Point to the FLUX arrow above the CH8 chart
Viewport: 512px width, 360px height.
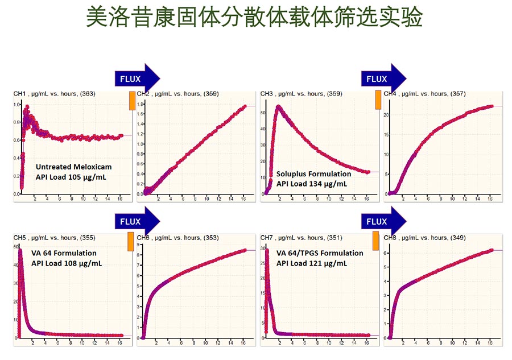[383, 221]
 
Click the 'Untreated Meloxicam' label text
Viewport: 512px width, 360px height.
[73, 167]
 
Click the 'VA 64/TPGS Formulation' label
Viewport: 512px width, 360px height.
[320, 253]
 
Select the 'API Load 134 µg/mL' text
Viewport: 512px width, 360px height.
[312, 183]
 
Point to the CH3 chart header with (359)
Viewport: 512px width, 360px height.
[301, 93]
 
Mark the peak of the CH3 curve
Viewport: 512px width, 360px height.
[278, 106]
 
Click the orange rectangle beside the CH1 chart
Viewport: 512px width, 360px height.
[132, 101]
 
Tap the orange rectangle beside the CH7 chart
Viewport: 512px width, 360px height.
[376, 241]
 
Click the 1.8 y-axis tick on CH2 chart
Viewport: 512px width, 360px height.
[141, 104]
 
